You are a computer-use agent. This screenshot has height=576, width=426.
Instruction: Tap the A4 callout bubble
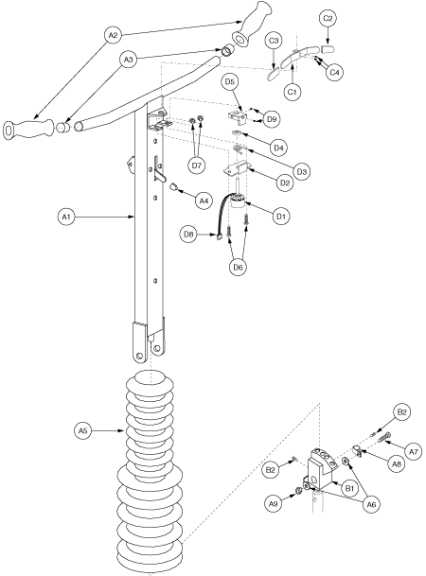(x=203, y=200)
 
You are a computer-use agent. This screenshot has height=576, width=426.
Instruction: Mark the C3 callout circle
(x=273, y=41)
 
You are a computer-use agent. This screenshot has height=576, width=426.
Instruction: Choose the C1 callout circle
(x=294, y=95)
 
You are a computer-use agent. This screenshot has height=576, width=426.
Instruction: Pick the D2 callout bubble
(x=279, y=181)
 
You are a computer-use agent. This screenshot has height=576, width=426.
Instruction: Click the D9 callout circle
(x=272, y=119)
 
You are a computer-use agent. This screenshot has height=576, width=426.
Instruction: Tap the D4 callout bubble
(x=279, y=147)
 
